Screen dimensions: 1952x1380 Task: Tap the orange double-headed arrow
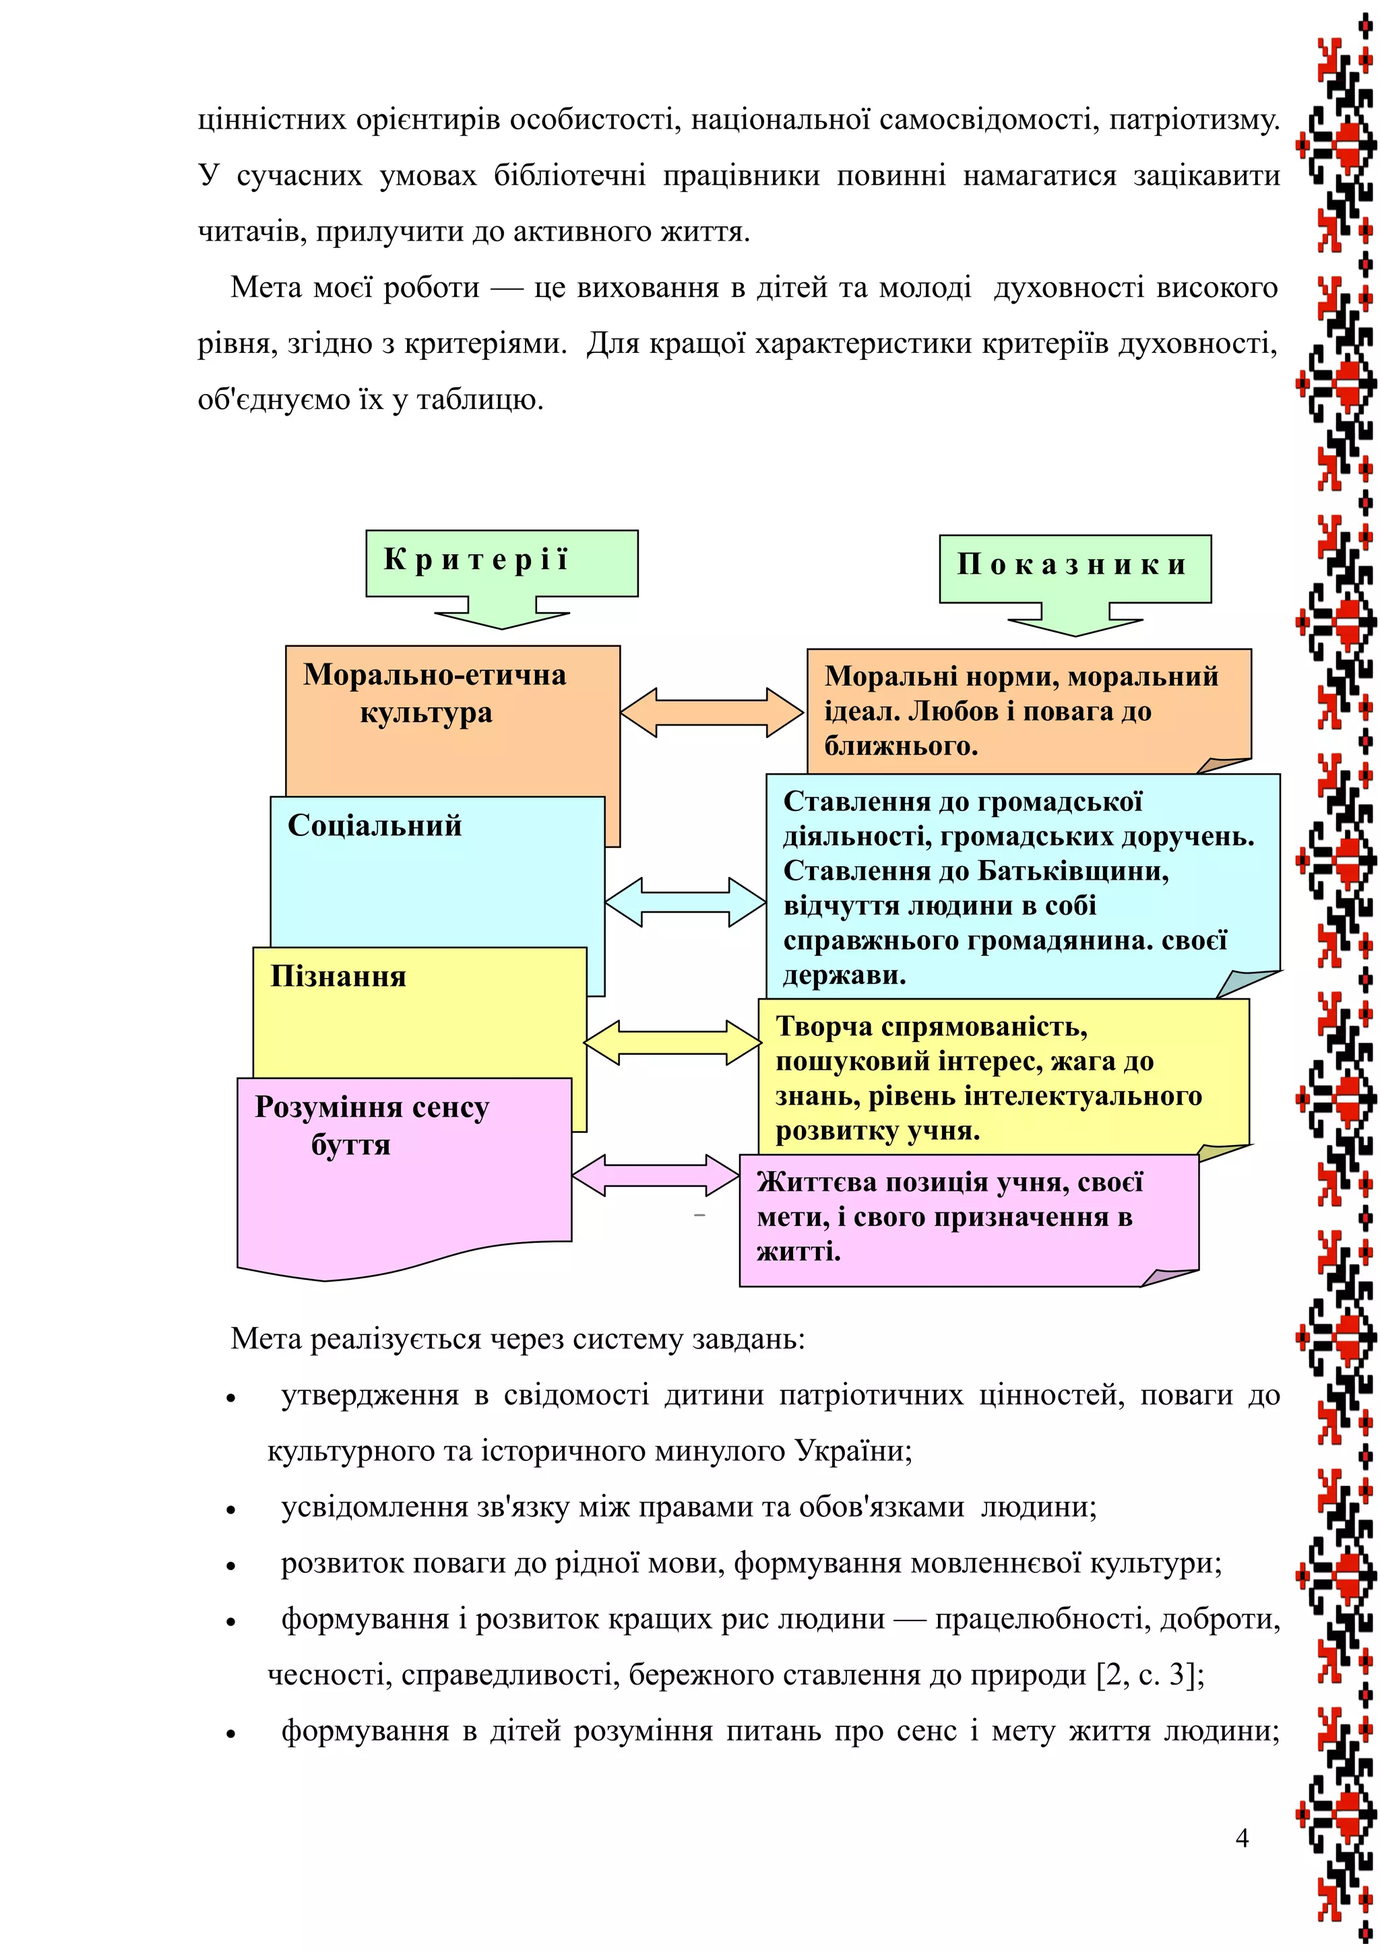pos(712,711)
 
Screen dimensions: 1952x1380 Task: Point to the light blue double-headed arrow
pos(685,901)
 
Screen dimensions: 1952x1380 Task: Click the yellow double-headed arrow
pos(672,1042)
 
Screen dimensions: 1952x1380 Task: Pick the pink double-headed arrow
pos(656,1176)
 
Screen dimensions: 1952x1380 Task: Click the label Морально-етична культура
pos(434,694)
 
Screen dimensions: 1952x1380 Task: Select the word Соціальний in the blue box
pos(374,826)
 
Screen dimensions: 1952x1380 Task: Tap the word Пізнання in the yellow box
pos(338,977)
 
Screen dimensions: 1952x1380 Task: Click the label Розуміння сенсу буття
pos(371,1126)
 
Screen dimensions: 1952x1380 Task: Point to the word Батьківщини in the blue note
pos(1072,872)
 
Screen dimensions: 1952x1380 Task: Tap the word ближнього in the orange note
pos(900,746)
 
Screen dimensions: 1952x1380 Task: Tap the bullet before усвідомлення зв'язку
pos(230,1511)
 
